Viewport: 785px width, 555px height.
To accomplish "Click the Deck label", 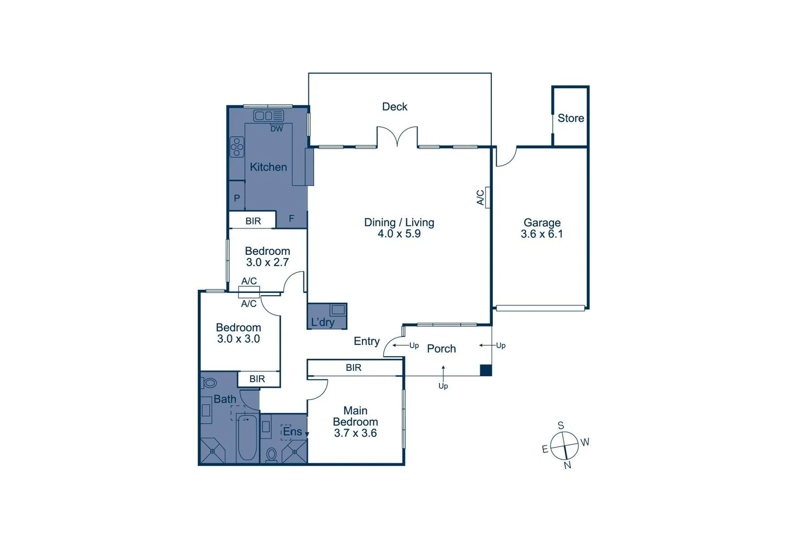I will (x=394, y=106).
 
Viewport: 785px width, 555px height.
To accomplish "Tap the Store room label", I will (x=570, y=118).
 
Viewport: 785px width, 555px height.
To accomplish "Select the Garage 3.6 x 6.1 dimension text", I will (x=542, y=234).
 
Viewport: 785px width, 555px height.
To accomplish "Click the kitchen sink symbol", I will (x=268, y=116).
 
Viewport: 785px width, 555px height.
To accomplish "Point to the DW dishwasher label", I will (x=277, y=129).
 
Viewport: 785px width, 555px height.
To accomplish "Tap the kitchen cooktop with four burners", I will (x=237, y=146).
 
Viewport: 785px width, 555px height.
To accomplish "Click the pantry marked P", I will (x=237, y=198).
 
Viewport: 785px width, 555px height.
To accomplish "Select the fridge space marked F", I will (x=291, y=219).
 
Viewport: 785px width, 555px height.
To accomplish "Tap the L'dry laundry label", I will (x=322, y=322).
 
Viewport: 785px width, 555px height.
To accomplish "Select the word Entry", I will (x=367, y=341).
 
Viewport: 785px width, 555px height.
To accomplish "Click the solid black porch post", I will (x=486, y=370).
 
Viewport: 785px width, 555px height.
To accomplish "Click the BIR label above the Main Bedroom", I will (x=353, y=367).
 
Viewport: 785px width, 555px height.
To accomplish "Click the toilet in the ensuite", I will (x=272, y=454).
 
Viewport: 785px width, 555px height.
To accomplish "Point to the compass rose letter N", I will (x=567, y=465).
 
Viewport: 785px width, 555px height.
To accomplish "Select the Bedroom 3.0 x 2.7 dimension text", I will (x=267, y=262).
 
